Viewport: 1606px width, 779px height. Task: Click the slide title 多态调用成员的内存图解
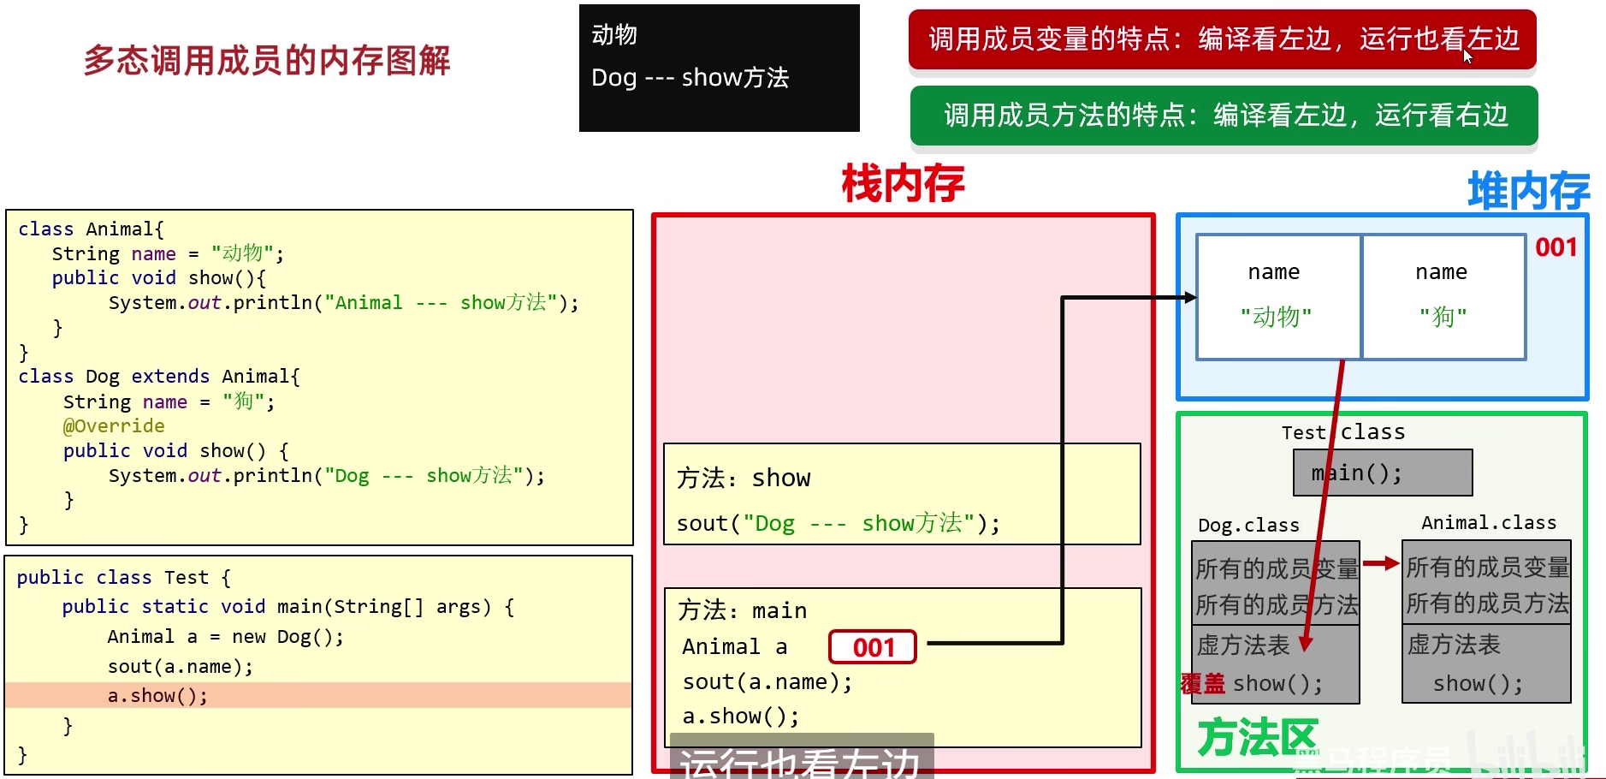267,61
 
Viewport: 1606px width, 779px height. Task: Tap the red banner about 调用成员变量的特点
1223,39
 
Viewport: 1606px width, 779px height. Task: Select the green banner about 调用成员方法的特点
1224,116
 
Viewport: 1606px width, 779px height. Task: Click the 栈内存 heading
903,184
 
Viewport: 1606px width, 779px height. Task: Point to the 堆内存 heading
1528,191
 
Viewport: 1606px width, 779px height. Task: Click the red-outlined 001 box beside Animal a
873,647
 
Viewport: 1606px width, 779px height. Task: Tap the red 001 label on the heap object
1556,248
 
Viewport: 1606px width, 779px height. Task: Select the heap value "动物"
1276,317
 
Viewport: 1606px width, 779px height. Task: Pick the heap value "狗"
1443,317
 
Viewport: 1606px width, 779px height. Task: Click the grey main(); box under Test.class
1383,473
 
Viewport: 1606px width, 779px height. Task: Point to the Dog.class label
1248,525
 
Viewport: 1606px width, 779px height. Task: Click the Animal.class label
1488,523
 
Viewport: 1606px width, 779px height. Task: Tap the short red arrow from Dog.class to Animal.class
1380,563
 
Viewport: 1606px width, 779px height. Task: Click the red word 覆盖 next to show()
1203,684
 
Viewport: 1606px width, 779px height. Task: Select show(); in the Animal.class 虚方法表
1478,684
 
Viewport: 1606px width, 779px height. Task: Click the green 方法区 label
1256,738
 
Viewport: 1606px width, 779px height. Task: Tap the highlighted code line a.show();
157,696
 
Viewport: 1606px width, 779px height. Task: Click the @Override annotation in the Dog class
114,426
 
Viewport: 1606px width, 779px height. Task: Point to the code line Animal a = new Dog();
225,637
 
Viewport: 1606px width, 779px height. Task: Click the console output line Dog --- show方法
690,78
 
